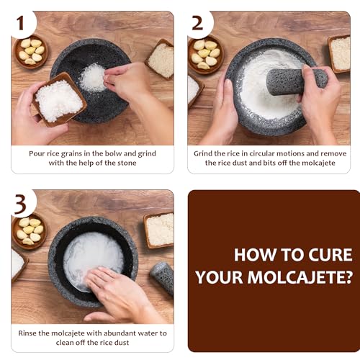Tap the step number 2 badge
[197, 23]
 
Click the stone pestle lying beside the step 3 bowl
[163, 278]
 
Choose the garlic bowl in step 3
[29, 230]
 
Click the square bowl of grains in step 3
[159, 229]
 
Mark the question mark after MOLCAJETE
[347, 276]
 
